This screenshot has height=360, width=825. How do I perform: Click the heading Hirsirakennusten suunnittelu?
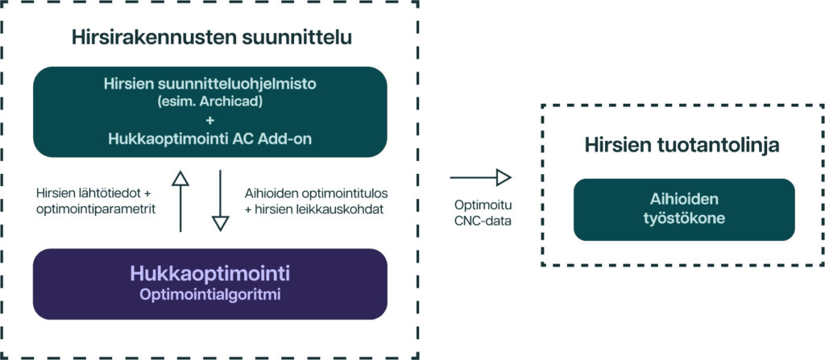point(211,37)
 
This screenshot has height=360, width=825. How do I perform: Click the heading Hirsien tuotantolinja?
point(682,146)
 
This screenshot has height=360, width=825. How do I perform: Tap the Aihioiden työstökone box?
point(683,209)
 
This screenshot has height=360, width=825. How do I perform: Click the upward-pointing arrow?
point(180,199)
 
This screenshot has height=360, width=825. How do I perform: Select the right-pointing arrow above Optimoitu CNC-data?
point(481,177)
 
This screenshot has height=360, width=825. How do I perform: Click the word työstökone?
point(683,218)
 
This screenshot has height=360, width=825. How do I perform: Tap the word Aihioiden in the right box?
point(683,199)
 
